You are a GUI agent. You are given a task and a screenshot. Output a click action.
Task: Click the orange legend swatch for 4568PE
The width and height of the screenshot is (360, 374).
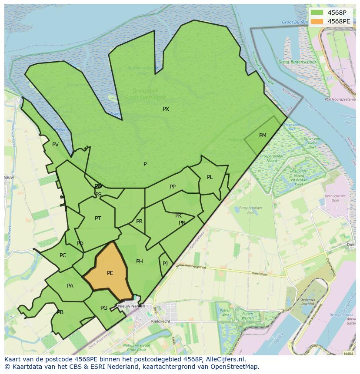pyautogui.click(x=317, y=21)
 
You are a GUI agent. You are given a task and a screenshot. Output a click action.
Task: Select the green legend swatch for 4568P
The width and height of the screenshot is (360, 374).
pyautogui.click(x=317, y=13)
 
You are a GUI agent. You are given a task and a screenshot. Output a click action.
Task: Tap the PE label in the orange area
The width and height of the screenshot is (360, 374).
pyautogui.click(x=110, y=273)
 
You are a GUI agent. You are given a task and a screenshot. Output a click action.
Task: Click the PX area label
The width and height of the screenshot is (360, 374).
pyautogui.click(x=166, y=109)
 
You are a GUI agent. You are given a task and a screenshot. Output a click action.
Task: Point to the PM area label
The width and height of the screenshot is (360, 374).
pyautogui.click(x=263, y=136)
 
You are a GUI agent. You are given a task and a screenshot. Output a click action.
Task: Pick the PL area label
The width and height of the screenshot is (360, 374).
pyautogui.click(x=210, y=177)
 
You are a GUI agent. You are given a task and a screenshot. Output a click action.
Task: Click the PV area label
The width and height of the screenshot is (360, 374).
pyautogui.click(x=55, y=145)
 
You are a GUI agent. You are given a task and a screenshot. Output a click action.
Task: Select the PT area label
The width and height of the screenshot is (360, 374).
pyautogui.click(x=98, y=218)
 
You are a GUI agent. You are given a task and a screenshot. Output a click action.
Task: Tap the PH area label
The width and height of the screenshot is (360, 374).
pyautogui.click(x=140, y=261)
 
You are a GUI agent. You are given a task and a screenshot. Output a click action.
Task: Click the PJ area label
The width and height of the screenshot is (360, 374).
pyautogui.click(x=165, y=264)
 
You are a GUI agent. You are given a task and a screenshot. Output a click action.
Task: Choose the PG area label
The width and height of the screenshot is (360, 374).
pyautogui.click(x=104, y=308)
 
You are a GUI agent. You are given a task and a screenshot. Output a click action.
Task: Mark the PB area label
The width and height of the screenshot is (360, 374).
pyautogui.click(x=60, y=312)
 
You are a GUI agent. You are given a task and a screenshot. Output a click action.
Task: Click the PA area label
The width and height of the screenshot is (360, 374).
pyautogui.click(x=70, y=286)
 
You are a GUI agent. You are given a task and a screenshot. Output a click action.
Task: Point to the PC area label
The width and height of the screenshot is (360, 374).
pyautogui.click(x=63, y=255)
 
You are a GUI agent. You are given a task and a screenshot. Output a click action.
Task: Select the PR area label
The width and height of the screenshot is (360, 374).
pyautogui.click(x=139, y=222)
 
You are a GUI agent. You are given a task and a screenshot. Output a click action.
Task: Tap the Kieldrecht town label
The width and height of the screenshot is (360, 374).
pyautogui.click(x=160, y=321)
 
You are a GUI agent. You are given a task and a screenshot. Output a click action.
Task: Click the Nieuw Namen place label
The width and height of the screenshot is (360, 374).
pyautogui.click(x=131, y=306)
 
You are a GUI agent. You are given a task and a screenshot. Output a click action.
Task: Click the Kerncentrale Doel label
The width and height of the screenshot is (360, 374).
pyautogui.click(x=335, y=198)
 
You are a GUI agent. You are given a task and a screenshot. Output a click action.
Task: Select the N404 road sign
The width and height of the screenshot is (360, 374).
pyautogui.click(x=348, y=354)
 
